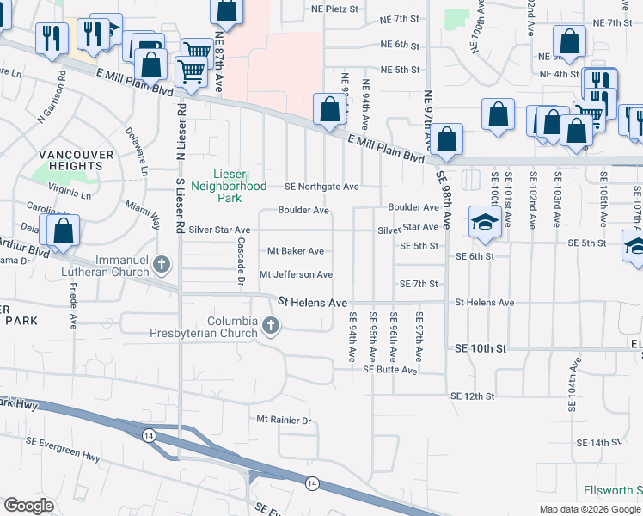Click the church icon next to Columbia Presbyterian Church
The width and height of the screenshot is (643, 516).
point(271,325)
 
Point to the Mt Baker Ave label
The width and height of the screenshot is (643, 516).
point(295,251)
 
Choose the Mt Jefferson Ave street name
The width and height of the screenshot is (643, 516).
point(296,274)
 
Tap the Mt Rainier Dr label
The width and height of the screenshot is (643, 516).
point(284,420)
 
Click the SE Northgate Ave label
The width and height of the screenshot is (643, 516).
point(321,186)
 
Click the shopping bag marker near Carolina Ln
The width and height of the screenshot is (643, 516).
point(63,230)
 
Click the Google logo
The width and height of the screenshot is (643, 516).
point(28,506)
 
